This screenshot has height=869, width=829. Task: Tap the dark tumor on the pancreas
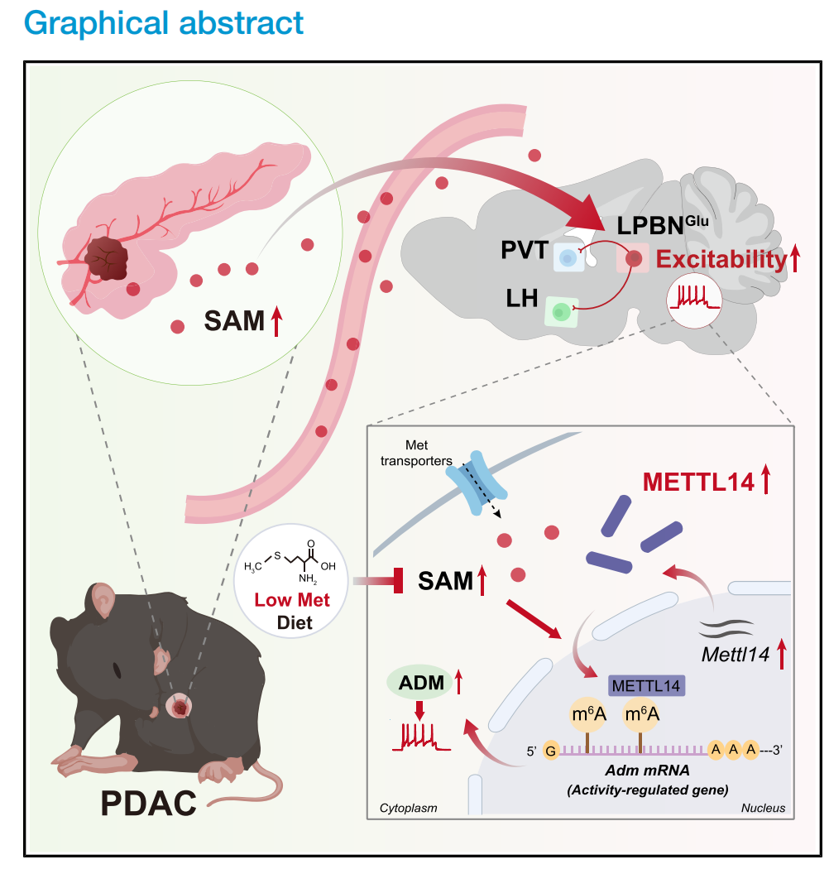[x=108, y=257]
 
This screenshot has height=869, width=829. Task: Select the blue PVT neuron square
[x=568, y=258]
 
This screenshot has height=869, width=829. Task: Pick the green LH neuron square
[x=561, y=312]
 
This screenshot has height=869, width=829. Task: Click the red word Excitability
[x=720, y=261]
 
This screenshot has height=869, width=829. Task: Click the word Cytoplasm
[x=408, y=807]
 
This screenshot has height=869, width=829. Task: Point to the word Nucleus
[x=762, y=807]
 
